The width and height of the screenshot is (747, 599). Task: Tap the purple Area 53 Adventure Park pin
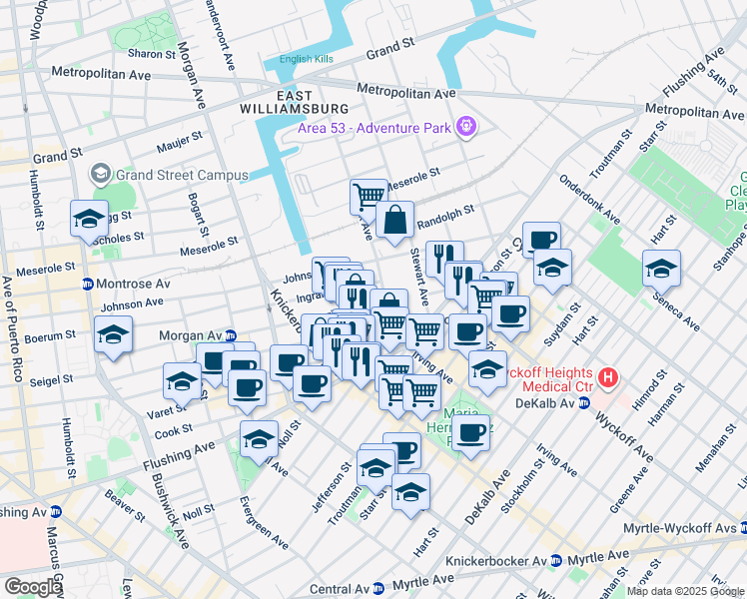pyautogui.click(x=464, y=127)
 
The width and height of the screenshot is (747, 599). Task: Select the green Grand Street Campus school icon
pyautogui.click(x=100, y=175)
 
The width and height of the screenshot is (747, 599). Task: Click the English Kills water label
pyautogui.click(x=308, y=59)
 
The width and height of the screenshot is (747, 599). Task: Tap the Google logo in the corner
pyautogui.click(x=33, y=587)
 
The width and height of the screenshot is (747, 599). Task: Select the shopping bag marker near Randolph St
pyautogui.click(x=395, y=220)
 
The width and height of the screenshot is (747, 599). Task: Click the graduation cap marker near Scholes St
pyautogui.click(x=88, y=219)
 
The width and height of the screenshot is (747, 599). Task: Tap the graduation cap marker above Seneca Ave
pyautogui.click(x=660, y=268)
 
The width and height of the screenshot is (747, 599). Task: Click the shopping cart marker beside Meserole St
pyautogui.click(x=370, y=196)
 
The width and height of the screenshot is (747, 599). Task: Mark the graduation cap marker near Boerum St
pyautogui.click(x=113, y=334)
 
